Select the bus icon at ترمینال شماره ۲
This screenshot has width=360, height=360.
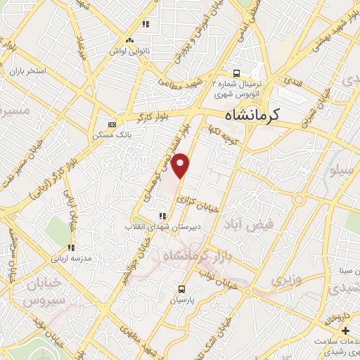pos(236,72)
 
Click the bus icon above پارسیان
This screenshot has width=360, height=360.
pos(182,288)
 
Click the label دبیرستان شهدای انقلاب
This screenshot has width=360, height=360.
pos(154,226)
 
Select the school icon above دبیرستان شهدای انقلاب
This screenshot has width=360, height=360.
pos(162,216)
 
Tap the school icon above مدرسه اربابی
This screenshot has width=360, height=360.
pos(70,247)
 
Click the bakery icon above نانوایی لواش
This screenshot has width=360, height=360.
pos(128,41)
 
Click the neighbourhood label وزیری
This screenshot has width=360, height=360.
pos(285,279)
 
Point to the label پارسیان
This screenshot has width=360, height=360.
pos(182,299)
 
